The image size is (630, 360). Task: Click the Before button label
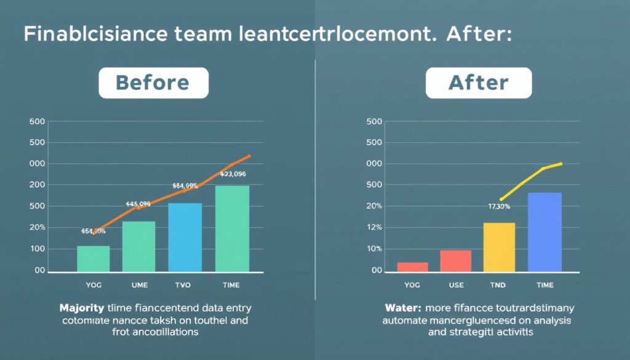(x=153, y=83)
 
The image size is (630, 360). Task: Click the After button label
(x=478, y=83)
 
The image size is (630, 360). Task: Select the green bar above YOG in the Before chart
(x=94, y=259)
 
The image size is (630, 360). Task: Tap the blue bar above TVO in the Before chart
(x=185, y=238)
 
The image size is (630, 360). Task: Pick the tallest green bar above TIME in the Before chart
(x=233, y=228)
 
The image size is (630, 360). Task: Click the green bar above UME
(x=139, y=247)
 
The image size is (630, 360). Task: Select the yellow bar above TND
(x=499, y=247)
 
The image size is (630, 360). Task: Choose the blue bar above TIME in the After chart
(x=544, y=232)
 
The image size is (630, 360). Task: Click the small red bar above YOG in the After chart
(x=412, y=267)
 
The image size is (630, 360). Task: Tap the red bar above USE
(x=456, y=261)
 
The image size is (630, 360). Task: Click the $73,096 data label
(x=233, y=174)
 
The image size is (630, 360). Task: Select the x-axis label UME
(x=139, y=285)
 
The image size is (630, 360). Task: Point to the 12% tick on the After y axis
(x=375, y=228)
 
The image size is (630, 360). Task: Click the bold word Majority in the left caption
(x=81, y=307)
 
